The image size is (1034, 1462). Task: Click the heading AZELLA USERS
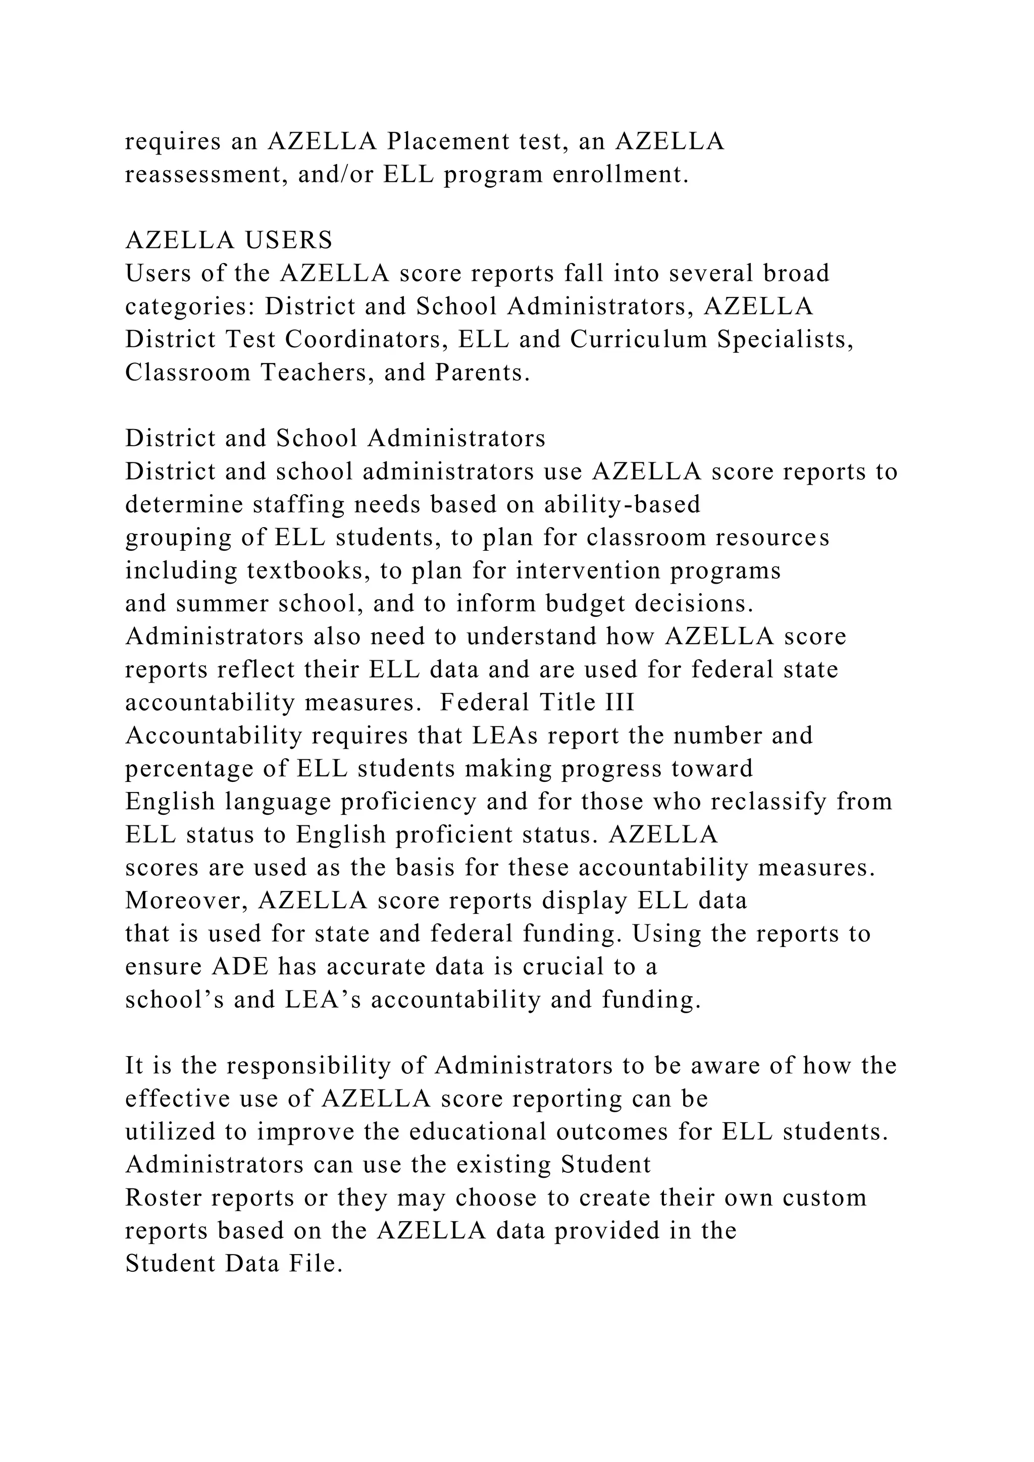(x=229, y=240)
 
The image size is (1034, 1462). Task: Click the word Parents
(x=482, y=373)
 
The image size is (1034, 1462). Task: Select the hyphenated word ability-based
(x=622, y=504)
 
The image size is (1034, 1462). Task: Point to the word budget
(x=585, y=604)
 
